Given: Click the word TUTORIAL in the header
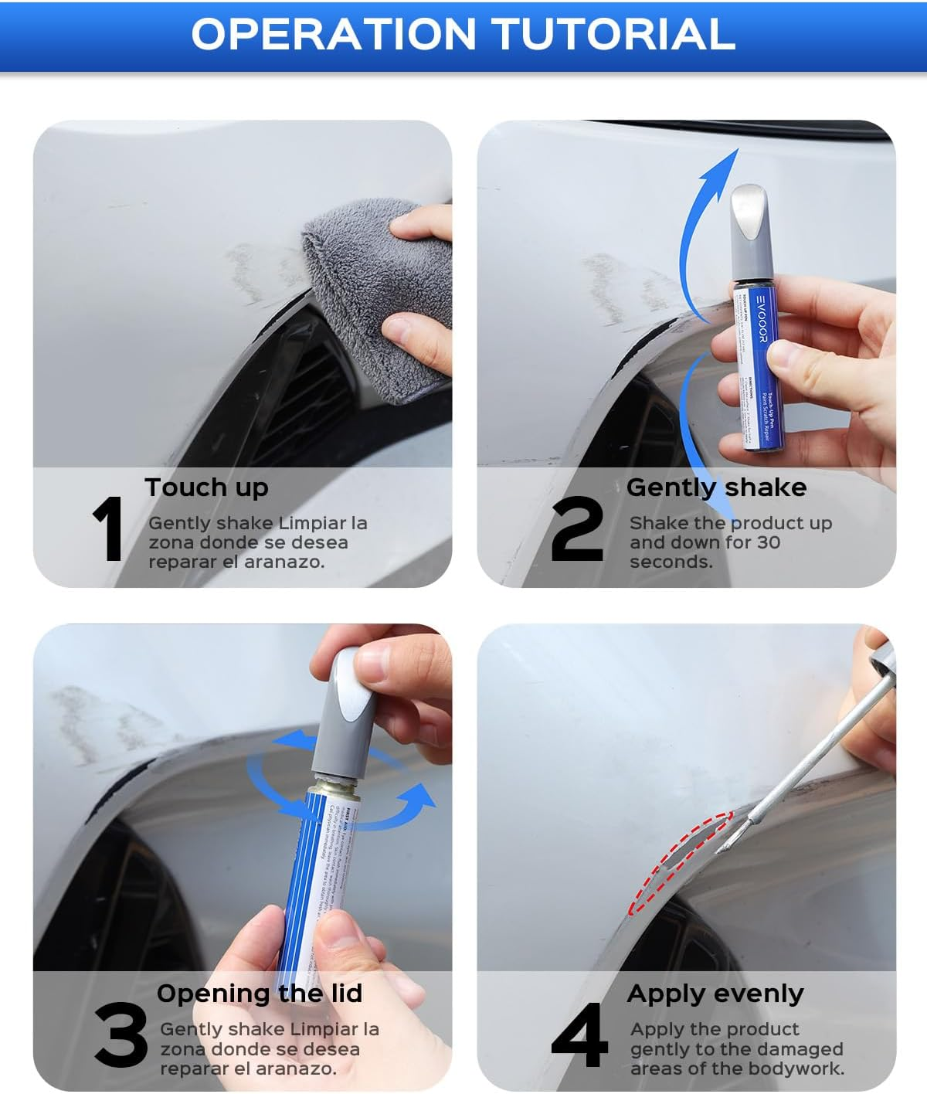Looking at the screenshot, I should coord(613,34).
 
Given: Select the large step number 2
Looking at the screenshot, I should coord(577,529).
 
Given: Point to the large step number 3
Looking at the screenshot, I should coord(121,1035).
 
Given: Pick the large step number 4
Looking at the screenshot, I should coord(579,1035).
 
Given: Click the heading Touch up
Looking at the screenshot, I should coord(206,488).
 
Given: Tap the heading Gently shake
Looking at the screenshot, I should coord(716,488).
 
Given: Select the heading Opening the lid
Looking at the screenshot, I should coord(260,994).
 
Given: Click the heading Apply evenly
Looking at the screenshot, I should coord(715,994).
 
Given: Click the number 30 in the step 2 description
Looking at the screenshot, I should coord(768,542).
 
